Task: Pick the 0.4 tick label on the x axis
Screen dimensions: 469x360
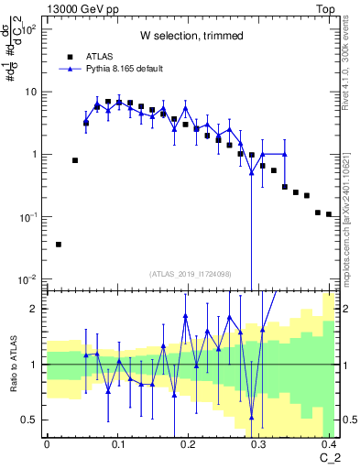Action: pyautogui.click(x=331, y=443)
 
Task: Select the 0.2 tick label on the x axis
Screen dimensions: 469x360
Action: pyautogui.click(x=189, y=443)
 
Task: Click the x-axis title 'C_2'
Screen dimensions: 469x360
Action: pyautogui.click(x=329, y=457)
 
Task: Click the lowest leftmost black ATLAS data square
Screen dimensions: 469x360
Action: pyautogui.click(x=59, y=245)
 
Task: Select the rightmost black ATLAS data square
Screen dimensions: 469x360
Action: pyautogui.click(x=329, y=214)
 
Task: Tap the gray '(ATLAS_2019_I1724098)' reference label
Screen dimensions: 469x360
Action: pyautogui.click(x=191, y=273)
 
